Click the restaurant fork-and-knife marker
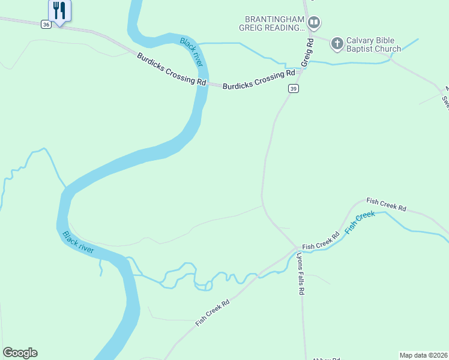[59, 10]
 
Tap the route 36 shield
[46, 24]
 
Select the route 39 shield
[293, 89]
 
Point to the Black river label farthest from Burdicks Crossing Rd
[79, 242]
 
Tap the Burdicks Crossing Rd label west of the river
[171, 69]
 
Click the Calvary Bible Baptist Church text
[373, 45]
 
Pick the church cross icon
[337, 43]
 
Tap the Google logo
[20, 353]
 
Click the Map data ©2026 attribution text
[424, 355]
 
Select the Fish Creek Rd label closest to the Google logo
[212, 313]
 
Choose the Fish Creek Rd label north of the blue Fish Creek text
[386, 204]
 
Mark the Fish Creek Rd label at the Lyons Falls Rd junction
[321, 241]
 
